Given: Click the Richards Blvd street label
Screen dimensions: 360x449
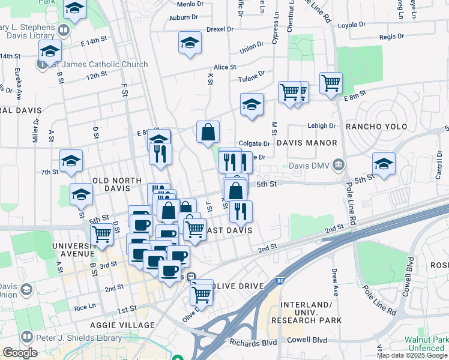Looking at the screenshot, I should click(x=252, y=343).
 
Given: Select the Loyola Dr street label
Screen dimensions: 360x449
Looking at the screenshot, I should click(x=352, y=25).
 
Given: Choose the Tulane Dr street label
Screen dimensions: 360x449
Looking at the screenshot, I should click(x=253, y=74).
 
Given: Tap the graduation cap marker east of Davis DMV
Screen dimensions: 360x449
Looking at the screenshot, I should click(x=384, y=163).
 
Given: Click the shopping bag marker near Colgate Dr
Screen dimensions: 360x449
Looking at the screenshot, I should click(x=208, y=132).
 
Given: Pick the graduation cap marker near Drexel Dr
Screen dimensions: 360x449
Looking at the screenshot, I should click(x=190, y=43).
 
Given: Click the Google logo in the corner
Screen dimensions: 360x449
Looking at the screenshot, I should click(x=20, y=353).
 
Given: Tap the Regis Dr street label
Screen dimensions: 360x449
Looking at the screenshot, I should click(x=391, y=37).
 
